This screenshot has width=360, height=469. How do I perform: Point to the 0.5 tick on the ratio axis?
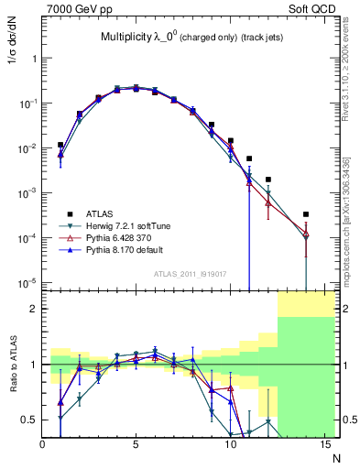click(31, 420)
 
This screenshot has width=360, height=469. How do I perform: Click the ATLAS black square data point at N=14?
click(305, 214)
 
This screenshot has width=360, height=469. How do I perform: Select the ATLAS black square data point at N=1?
click(60, 145)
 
